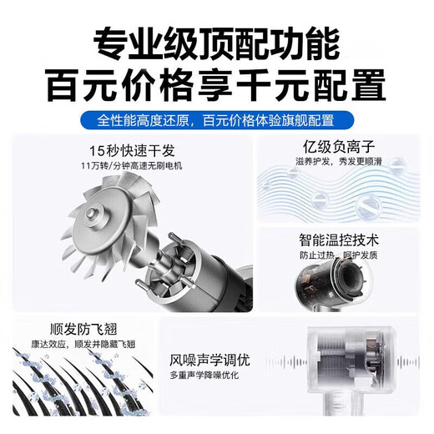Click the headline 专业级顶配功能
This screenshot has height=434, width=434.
click(217, 41)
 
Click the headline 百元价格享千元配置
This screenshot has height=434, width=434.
click(217, 84)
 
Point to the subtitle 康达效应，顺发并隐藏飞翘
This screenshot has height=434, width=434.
click(77, 342)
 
